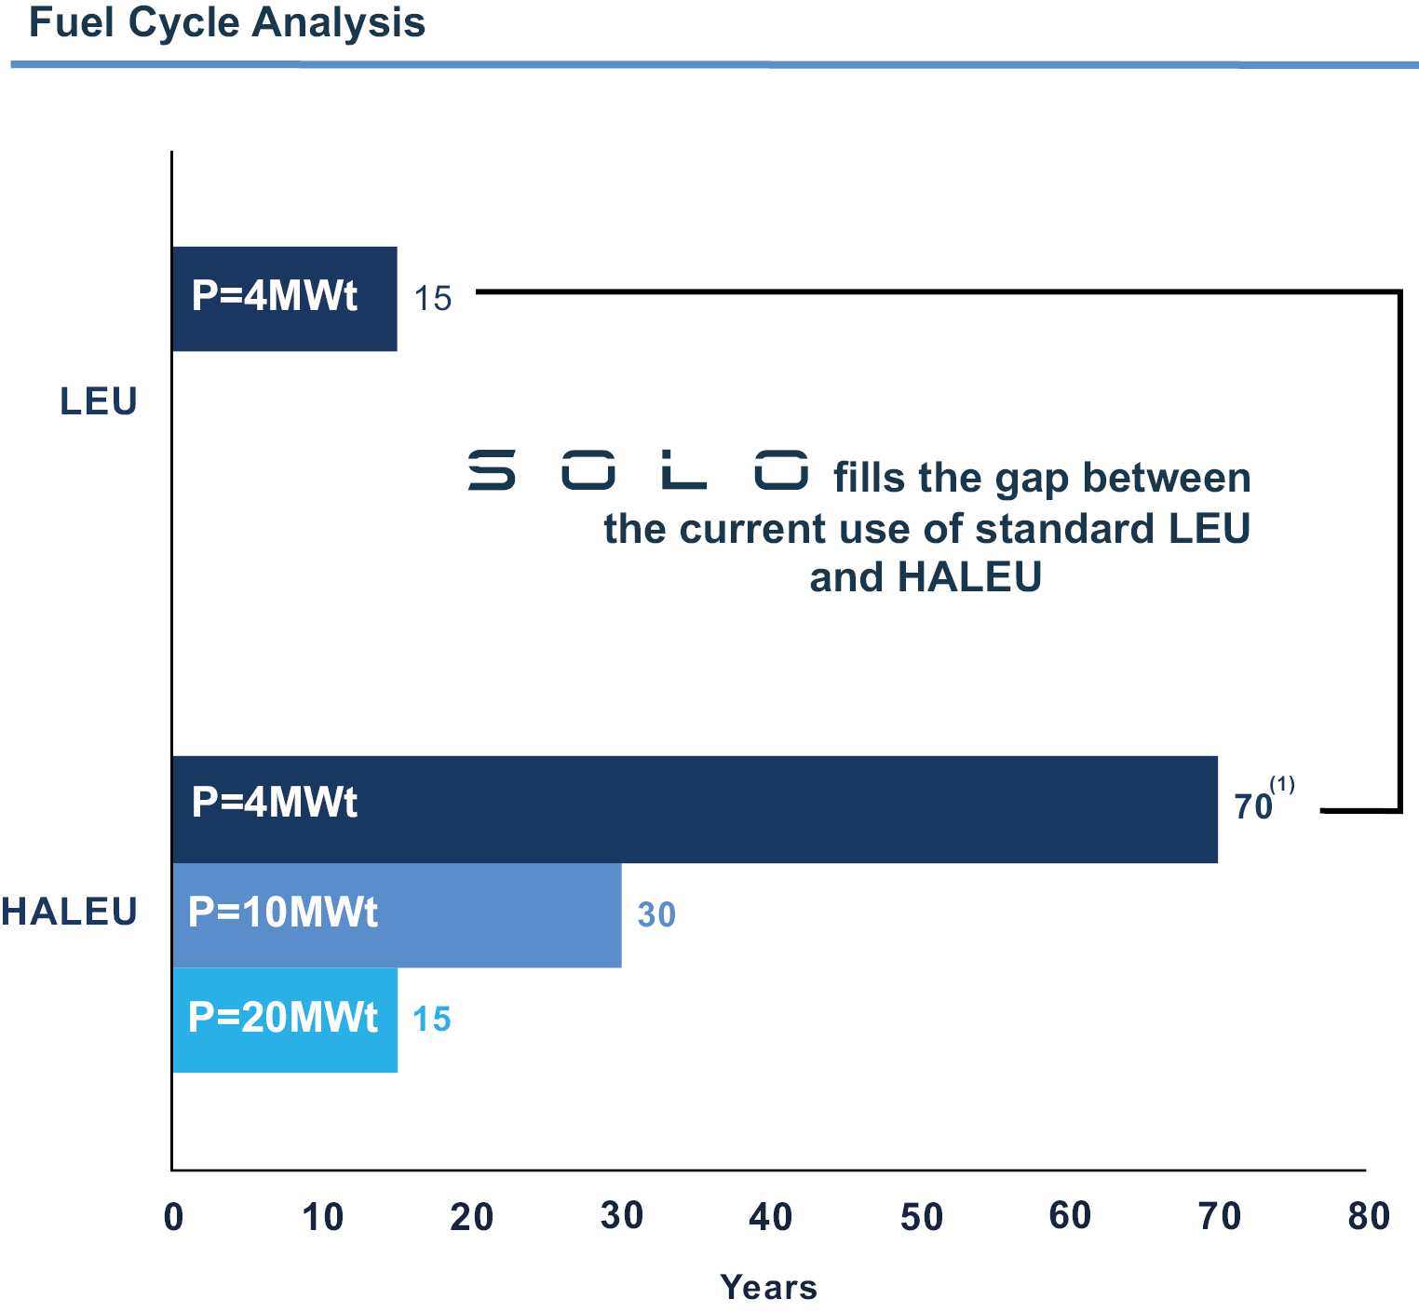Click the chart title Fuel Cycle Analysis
227,23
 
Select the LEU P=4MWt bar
284,299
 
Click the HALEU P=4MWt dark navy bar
695,809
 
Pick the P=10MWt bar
397,915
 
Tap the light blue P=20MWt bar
285,1020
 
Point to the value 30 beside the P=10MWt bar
656,915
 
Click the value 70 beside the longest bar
1253,806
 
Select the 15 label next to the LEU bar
433,299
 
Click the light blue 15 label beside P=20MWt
432,1020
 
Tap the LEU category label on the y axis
99,401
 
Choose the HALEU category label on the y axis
70,912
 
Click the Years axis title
769,1288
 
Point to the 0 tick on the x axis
173,1218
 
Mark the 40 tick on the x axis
771,1217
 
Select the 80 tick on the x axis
1369,1217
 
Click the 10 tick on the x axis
323,1217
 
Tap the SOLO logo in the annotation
638,469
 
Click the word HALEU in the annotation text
969,577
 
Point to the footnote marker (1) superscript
1282,785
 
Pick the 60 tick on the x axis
1070,1217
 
